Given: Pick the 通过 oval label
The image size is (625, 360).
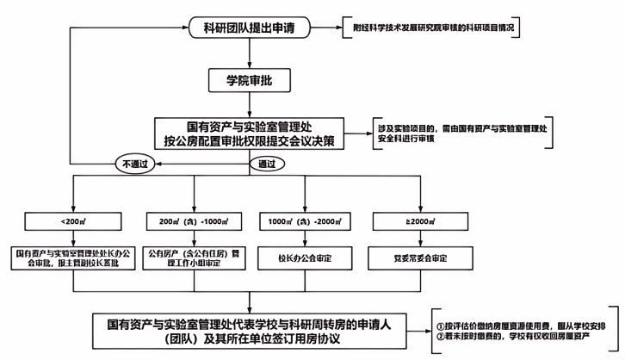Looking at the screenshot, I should point(264,163).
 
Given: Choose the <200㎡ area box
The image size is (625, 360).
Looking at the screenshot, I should point(72,221).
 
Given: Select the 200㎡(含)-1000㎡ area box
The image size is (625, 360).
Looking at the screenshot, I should point(187,221).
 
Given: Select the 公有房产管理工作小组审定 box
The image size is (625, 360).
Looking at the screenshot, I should point(187,257).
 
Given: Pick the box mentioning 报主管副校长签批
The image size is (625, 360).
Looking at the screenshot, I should point(72,257).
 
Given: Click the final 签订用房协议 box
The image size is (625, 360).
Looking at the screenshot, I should point(249,331).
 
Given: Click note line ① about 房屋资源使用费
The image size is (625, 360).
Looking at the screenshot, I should point(525,325).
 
